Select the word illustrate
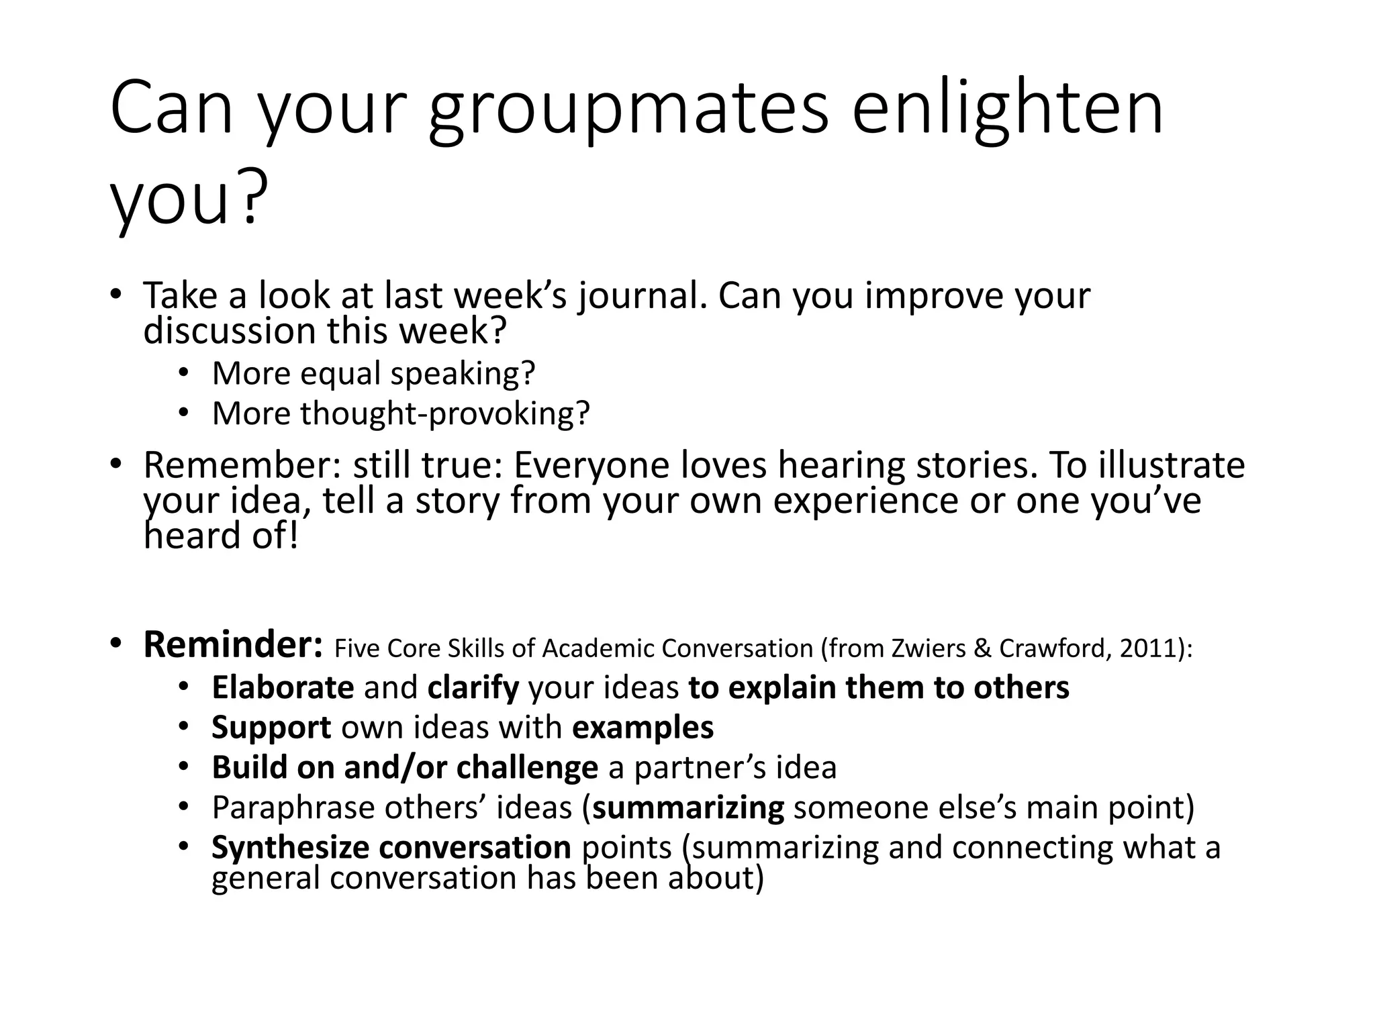click(1171, 465)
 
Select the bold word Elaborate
click(283, 688)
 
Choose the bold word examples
click(643, 728)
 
